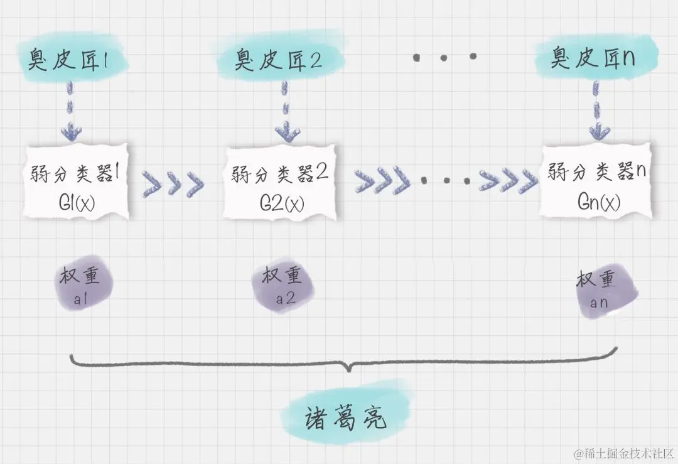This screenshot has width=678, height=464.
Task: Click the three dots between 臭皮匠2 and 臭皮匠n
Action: pos(444,58)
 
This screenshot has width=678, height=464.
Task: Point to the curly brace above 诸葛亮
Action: pos(344,363)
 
